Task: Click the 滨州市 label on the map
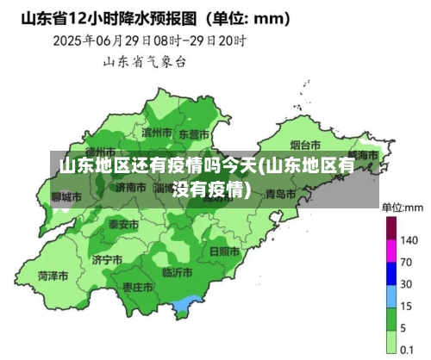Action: [158, 133]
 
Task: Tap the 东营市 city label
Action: [194, 134]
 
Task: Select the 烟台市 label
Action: [304, 145]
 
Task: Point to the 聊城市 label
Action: [66, 197]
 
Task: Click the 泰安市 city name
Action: [123, 224]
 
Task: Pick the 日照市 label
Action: [224, 251]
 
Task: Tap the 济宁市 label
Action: [107, 259]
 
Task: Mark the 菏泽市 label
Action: [53, 276]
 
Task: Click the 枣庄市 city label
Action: [138, 286]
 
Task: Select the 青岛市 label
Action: [280, 195]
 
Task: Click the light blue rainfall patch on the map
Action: [184, 304]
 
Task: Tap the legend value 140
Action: [409, 239]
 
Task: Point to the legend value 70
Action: [407, 261]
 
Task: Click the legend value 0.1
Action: [408, 350]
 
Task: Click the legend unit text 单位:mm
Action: [403, 208]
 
